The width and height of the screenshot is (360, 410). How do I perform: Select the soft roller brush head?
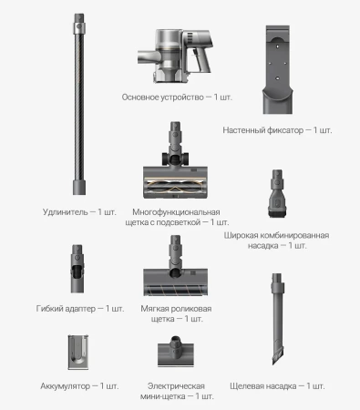coord(177,270)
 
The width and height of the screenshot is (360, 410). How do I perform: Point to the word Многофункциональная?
coord(174,210)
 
